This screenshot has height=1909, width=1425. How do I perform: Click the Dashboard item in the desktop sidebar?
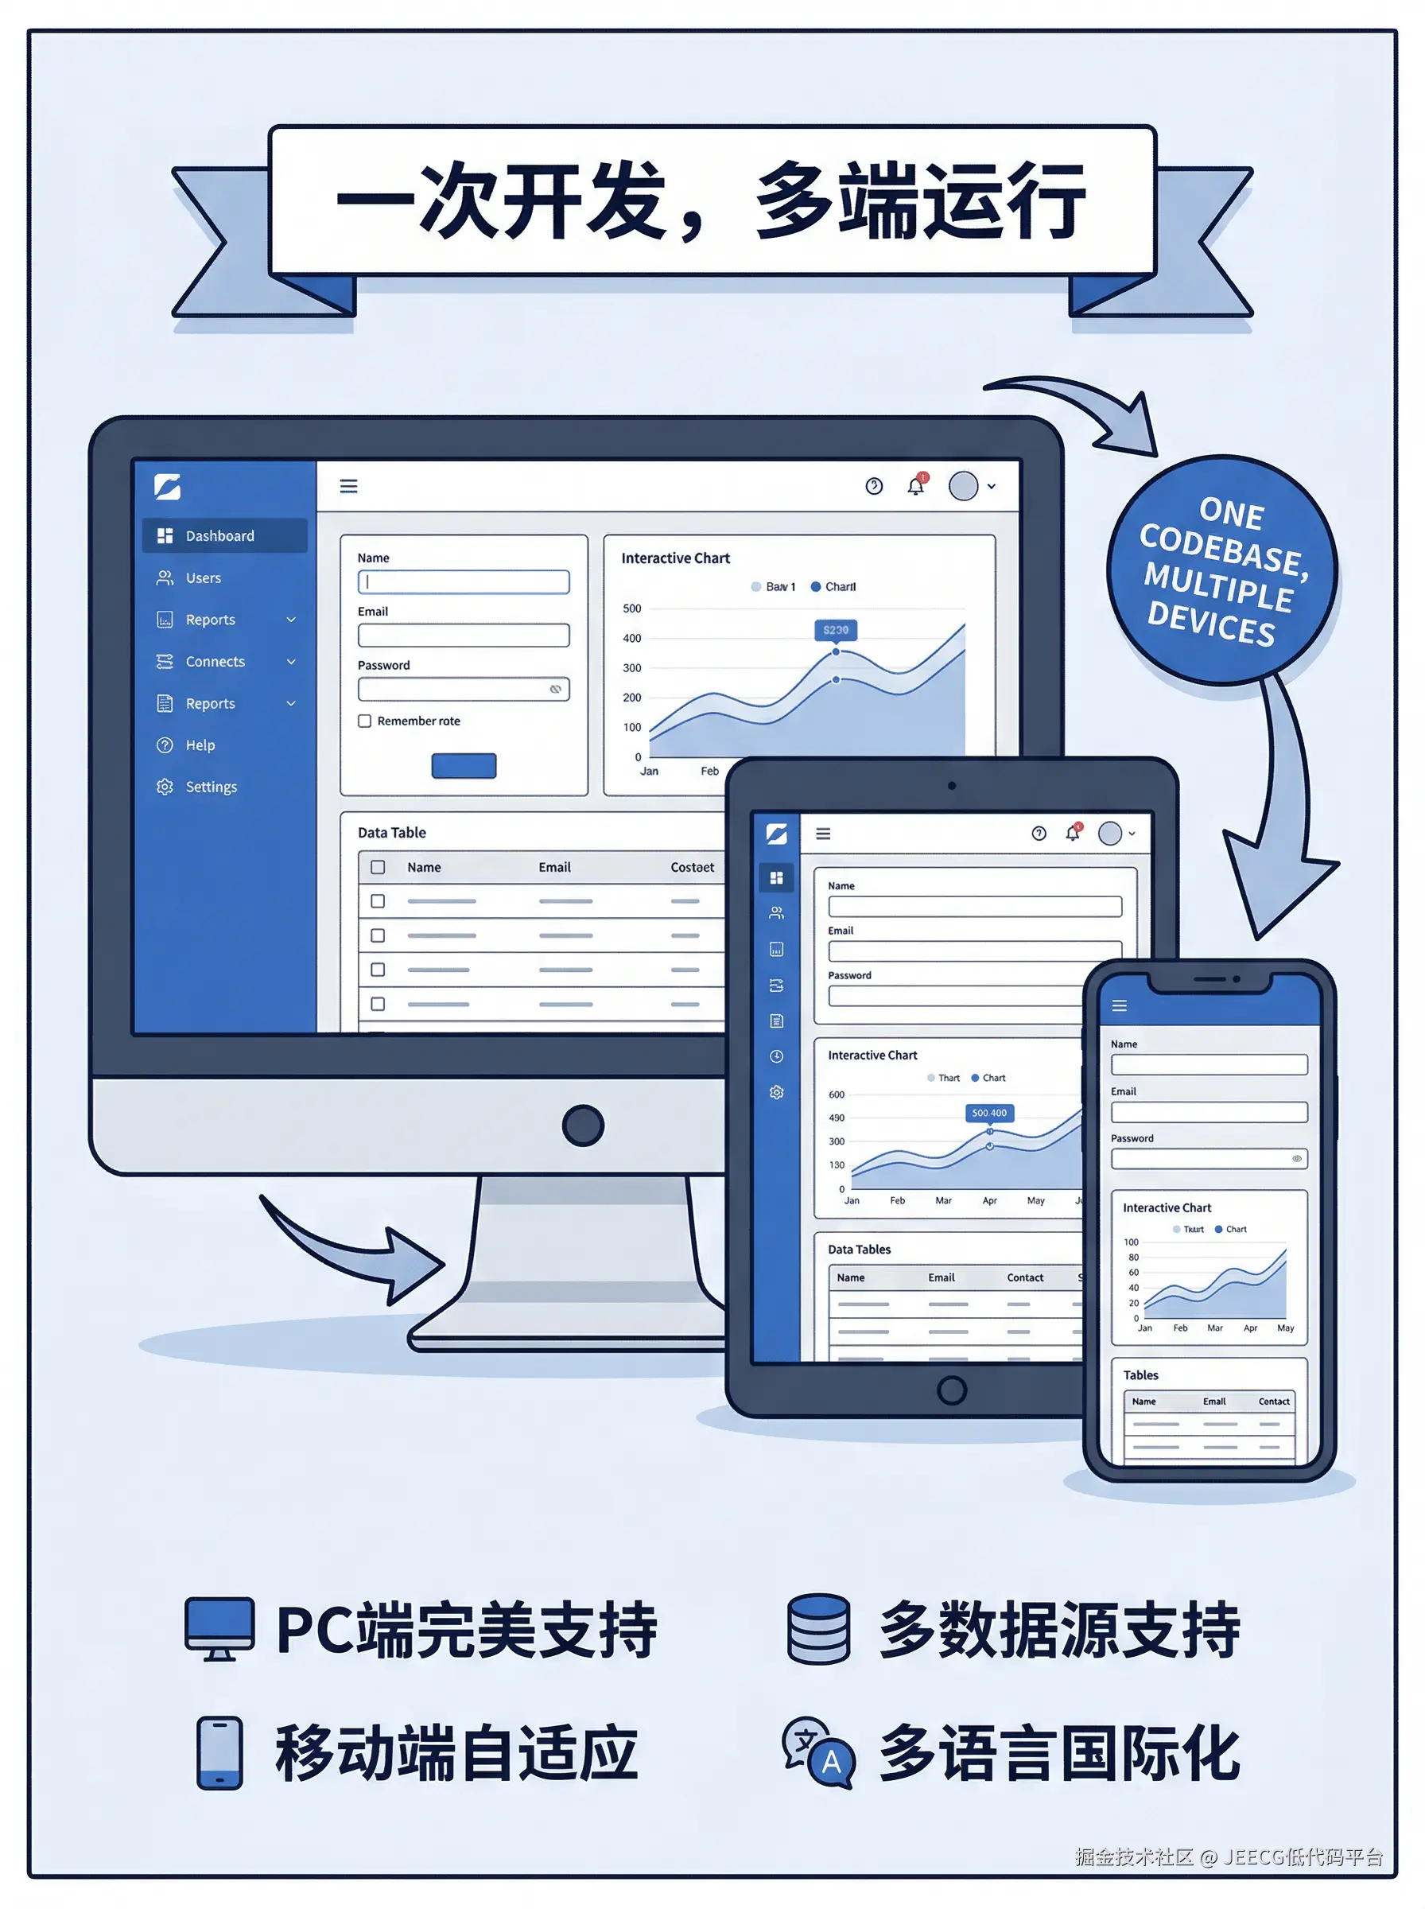(220, 535)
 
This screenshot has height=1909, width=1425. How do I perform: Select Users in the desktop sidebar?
(203, 578)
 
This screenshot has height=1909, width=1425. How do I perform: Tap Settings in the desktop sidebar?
(211, 787)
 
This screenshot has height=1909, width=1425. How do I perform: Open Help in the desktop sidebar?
(200, 745)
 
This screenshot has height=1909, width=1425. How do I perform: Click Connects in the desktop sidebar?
(215, 662)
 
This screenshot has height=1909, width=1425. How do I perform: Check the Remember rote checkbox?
(365, 721)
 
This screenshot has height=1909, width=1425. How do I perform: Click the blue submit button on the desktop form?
(464, 766)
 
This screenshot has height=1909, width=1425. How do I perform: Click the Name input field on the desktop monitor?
(464, 582)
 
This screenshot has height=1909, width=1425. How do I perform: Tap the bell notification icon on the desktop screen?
(915, 487)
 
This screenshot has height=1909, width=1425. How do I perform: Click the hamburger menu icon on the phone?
(1120, 1006)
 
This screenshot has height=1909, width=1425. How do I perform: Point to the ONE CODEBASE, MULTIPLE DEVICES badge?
(1221, 570)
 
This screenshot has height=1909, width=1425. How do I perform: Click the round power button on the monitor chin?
(582, 1126)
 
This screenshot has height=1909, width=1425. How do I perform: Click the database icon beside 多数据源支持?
(818, 1629)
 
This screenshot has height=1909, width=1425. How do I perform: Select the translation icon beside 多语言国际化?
(817, 1753)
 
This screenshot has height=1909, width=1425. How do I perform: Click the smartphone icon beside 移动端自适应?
(219, 1753)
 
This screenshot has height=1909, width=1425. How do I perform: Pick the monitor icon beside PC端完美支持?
(219, 1629)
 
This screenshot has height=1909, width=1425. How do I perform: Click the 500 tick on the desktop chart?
(632, 609)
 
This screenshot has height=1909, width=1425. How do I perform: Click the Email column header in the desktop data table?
(554, 868)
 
